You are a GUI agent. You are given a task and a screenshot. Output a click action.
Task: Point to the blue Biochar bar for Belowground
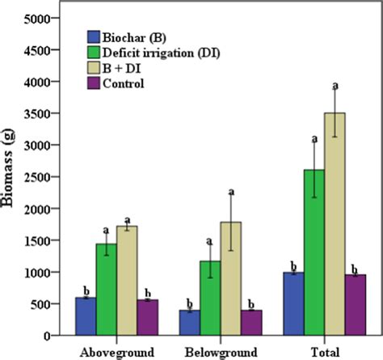click(x=190, y=323)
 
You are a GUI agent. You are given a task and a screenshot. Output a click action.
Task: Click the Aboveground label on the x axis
click(x=117, y=353)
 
